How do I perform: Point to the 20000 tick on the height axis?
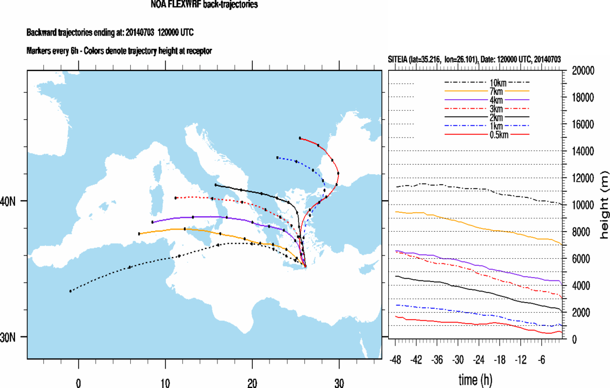coord(583,71)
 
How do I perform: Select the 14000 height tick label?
coord(583,151)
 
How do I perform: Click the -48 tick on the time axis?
coord(396,360)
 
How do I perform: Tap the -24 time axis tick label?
coord(479,360)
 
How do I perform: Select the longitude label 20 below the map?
coord(252,383)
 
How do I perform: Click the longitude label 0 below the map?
coord(79,383)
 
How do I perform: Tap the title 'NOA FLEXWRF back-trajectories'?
coord(204,5)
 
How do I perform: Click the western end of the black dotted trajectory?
coord(70,291)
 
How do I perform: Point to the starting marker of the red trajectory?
coord(300,138)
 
